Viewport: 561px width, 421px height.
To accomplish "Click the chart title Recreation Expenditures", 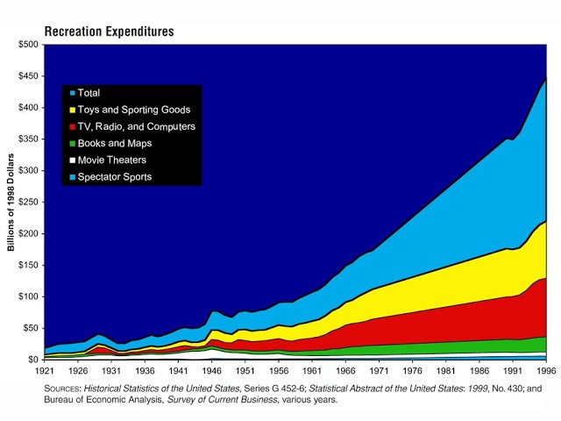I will point(109,32).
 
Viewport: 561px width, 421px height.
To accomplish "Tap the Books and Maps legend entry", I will point(115,143).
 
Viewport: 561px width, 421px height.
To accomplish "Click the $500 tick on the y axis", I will point(26,45).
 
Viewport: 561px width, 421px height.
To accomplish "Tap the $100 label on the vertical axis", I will point(26,296).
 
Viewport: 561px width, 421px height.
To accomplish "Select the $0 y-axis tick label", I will point(32,360).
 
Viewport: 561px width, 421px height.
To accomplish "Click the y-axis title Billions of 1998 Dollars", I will point(11,202).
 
